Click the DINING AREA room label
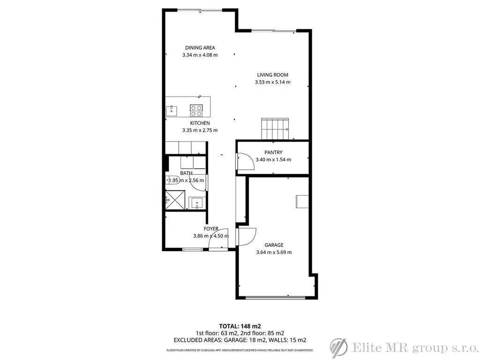click(x=200, y=48)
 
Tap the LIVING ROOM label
click(x=272, y=75)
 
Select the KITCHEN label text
click(x=200, y=123)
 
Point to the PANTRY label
click(x=273, y=152)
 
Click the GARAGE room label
click(x=274, y=245)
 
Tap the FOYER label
click(x=211, y=229)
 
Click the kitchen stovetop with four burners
click(x=196, y=111)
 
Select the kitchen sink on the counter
click(x=172, y=111)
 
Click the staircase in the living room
click(x=275, y=128)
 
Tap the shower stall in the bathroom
click(x=175, y=200)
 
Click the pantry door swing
click(x=246, y=161)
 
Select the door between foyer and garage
click(x=247, y=237)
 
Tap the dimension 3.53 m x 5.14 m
click(x=272, y=82)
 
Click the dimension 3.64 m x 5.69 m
click(x=274, y=252)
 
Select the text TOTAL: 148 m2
click(x=240, y=326)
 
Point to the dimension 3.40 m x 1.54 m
click(x=273, y=159)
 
